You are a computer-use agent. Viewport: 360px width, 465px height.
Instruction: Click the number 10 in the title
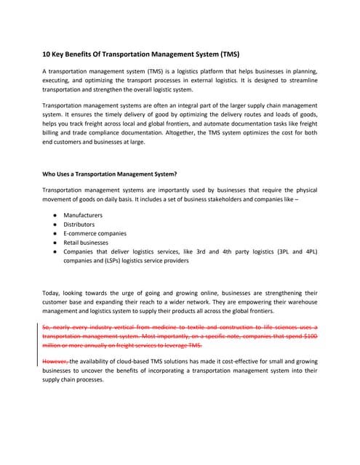tap(47, 55)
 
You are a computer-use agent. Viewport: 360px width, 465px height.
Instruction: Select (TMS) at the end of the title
tap(228, 55)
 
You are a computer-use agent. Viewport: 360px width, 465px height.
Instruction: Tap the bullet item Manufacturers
tap(83, 216)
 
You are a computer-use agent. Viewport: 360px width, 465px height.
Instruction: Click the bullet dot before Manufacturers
tap(55, 216)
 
